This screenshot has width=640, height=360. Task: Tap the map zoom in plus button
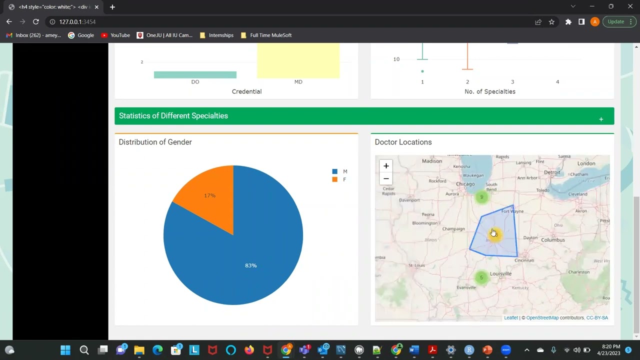(x=386, y=166)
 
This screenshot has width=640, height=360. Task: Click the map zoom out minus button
(x=386, y=178)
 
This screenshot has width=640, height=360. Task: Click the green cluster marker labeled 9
(x=481, y=197)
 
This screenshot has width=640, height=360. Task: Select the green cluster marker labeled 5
(x=481, y=277)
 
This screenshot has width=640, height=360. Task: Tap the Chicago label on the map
(x=465, y=184)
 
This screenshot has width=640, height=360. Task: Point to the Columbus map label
(x=552, y=240)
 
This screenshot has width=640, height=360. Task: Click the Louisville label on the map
(x=500, y=273)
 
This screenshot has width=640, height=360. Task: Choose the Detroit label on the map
(x=552, y=172)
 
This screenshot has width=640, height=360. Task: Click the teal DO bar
(x=195, y=75)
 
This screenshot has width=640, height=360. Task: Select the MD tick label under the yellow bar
(x=298, y=82)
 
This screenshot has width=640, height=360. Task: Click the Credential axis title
(x=246, y=91)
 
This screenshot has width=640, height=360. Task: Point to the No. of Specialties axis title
(x=489, y=91)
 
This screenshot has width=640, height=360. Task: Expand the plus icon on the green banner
(x=601, y=119)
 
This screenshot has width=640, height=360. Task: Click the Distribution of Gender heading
(x=155, y=142)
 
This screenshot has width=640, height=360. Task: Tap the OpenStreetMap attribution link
(x=542, y=318)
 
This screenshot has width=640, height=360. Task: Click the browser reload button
(x=35, y=21)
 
